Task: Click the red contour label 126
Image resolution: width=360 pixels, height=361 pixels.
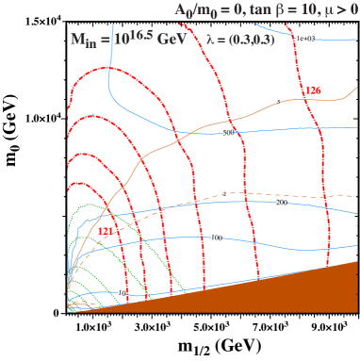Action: pyautogui.click(x=315, y=90)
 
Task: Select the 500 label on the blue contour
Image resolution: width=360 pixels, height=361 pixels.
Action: pyautogui.click(x=227, y=134)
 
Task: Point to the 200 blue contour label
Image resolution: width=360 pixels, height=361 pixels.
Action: pyautogui.click(x=279, y=203)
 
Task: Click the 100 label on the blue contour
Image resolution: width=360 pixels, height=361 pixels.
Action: pyautogui.click(x=214, y=238)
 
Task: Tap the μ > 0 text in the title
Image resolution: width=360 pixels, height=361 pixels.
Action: pyautogui.click(x=335, y=9)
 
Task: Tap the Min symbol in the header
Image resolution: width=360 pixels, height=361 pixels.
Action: pyautogui.click(x=87, y=41)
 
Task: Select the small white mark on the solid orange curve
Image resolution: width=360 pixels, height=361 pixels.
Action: pyautogui.click(x=136, y=163)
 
